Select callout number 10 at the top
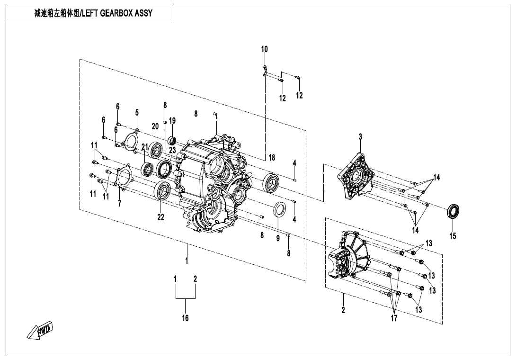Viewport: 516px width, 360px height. pos(265,49)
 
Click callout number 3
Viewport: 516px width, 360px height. pos(360,136)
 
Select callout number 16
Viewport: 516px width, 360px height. pos(186,318)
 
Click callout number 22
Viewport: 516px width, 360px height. pos(161,217)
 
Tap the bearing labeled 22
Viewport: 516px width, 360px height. pos(162,190)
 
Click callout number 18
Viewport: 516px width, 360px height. pos(272,158)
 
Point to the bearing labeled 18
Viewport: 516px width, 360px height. pos(272,181)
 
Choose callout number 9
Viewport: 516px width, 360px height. pos(278,238)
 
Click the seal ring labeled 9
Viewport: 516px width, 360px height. pos(280,209)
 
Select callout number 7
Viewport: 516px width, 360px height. pos(120,204)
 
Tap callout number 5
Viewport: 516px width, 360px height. pos(137,112)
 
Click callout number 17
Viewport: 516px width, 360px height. pos(394,318)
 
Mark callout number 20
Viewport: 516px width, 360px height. pos(155,126)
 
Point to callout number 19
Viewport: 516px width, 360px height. pos(172,121)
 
